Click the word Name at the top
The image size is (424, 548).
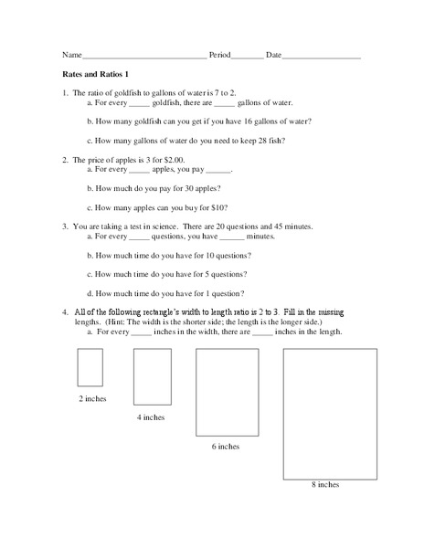(x=72, y=56)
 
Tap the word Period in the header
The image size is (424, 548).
(x=220, y=56)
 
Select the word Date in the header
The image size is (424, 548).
(x=274, y=56)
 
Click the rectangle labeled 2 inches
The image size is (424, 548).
(x=90, y=368)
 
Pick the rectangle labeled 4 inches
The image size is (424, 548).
(x=153, y=376)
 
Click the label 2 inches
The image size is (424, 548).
(x=91, y=399)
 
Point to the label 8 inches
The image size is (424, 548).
(x=325, y=483)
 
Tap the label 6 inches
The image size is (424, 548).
(x=226, y=447)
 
